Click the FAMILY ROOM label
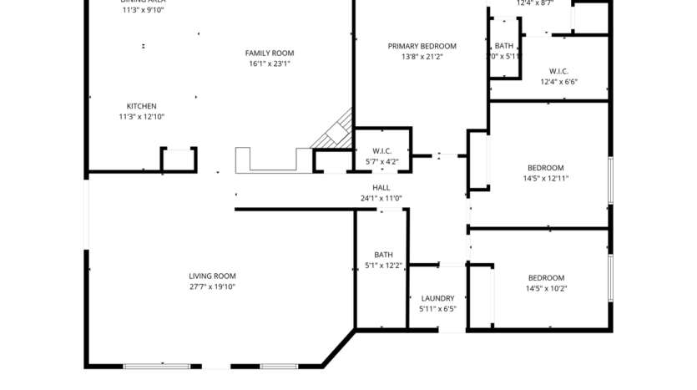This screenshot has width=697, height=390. tap(269, 53)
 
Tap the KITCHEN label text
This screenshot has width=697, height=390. tap(141, 106)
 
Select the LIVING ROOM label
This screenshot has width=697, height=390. tap(212, 276)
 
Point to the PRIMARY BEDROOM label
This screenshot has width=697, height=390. tap(422, 46)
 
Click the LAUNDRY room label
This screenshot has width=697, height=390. tap(437, 298)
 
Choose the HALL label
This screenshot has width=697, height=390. tap(381, 188)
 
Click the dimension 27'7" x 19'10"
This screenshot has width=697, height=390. tap(212, 287)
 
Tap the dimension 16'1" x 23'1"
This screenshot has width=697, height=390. tap(270, 64)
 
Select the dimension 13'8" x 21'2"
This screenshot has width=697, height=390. tap(422, 57)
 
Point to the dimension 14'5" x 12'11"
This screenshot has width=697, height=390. tap(545, 178)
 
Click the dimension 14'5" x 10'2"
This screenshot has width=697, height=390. tap(546, 289)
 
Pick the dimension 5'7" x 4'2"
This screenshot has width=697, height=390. tap(382, 161)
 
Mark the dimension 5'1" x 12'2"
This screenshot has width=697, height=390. tap(383, 266)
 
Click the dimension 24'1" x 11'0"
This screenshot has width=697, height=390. tap(381, 199)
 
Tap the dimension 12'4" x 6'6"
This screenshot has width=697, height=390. tap(559, 82)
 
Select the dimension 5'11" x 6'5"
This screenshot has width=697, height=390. tap(437, 309)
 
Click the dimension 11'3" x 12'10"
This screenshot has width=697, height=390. tap(141, 117)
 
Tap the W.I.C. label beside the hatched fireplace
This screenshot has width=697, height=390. tap(382, 150)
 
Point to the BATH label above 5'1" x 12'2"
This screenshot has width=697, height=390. tap(383, 255)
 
